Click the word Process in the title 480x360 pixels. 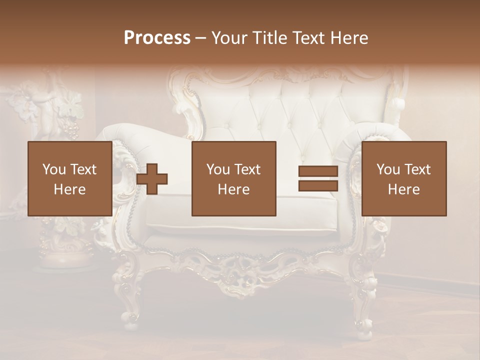[157, 38]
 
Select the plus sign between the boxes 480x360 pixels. [152, 179]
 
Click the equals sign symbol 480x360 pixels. [318, 179]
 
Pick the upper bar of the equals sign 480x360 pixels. [318, 171]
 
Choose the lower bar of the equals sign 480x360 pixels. [318, 186]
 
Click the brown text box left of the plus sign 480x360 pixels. [69, 178]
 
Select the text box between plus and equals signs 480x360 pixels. [233, 178]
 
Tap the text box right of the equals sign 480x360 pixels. [403, 178]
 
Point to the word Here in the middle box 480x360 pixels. [233, 189]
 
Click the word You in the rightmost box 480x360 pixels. [388, 169]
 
